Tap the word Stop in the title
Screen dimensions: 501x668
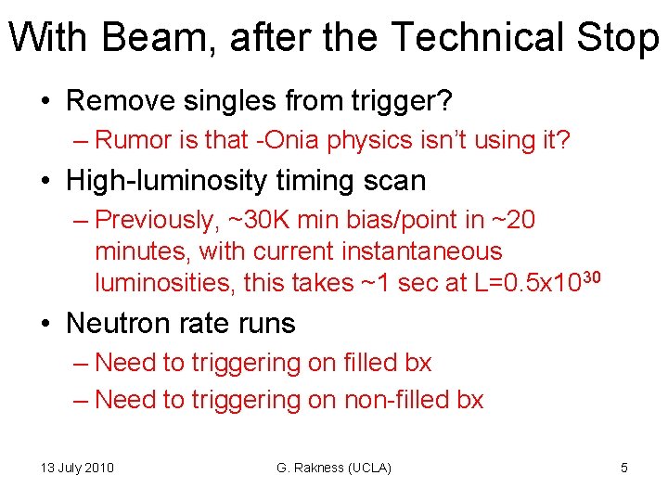[x=617, y=37]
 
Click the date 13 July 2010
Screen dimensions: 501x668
[x=77, y=468]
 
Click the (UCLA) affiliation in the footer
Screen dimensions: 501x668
[x=370, y=468]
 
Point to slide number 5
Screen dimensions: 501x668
[x=623, y=468]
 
